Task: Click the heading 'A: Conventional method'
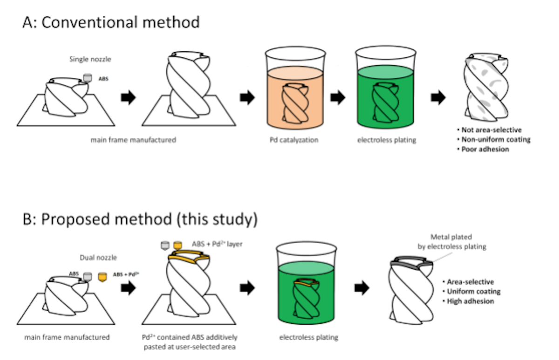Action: point(111,22)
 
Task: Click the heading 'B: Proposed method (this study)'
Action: point(140,219)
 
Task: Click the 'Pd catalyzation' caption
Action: point(293,140)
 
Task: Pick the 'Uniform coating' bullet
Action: point(473,292)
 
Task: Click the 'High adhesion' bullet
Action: point(470,301)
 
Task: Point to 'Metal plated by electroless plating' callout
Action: point(451,242)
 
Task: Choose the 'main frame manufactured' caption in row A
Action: point(134,140)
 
